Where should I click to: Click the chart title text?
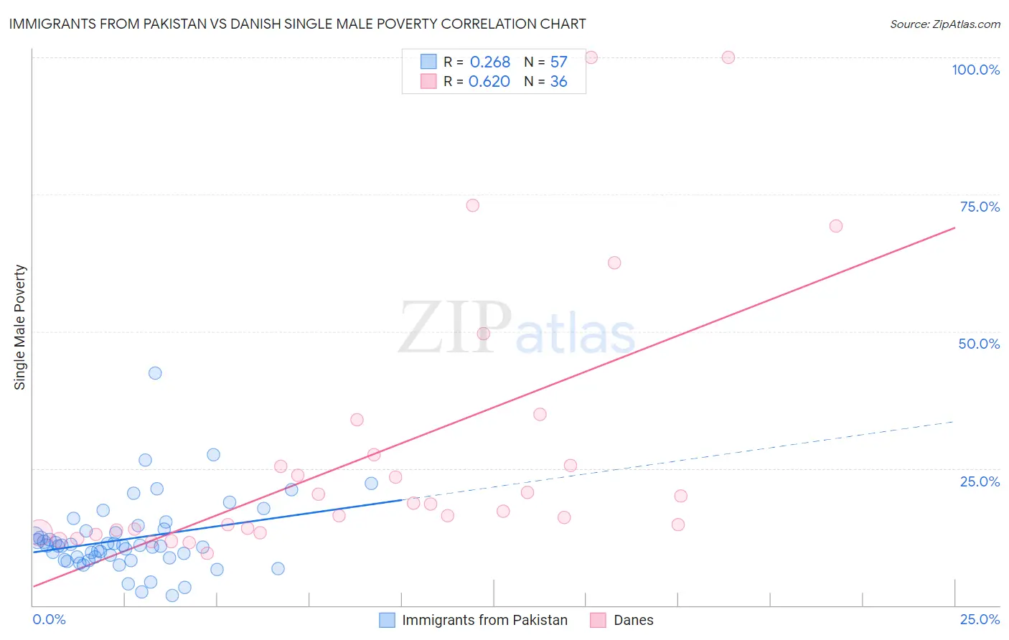pyautogui.click(x=297, y=24)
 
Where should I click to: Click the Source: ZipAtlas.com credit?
pyautogui.click(x=944, y=24)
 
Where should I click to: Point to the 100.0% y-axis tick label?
pyautogui.click(x=975, y=70)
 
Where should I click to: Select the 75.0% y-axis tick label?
pyautogui.click(x=980, y=207)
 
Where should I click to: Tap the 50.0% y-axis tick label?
pyautogui.click(x=979, y=344)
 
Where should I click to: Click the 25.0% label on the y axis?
pyautogui.click(x=980, y=481)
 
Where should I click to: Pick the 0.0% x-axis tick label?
pyautogui.click(x=50, y=619)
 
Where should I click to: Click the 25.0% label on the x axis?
pyautogui.click(x=980, y=619)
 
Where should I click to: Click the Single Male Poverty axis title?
pyautogui.click(x=20, y=327)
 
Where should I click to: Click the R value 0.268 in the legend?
pyautogui.click(x=490, y=62)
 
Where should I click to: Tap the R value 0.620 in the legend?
pyautogui.click(x=489, y=82)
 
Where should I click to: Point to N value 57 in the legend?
pyautogui.click(x=558, y=62)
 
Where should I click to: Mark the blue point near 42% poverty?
pyautogui.click(x=155, y=373)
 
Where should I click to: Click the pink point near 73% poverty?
pyautogui.click(x=472, y=205)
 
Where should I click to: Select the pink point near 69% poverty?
pyautogui.click(x=835, y=226)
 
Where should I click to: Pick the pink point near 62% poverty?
pyautogui.click(x=614, y=263)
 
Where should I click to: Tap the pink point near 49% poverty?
pyautogui.click(x=484, y=334)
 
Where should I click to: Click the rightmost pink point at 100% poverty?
pyautogui.click(x=728, y=57)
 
